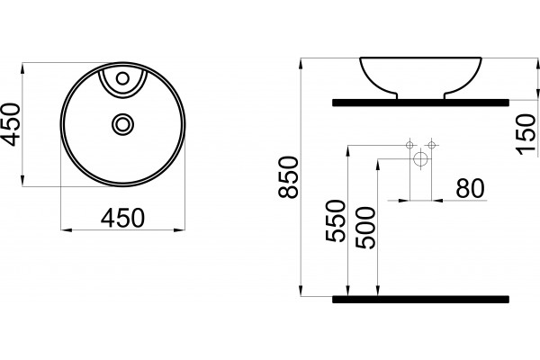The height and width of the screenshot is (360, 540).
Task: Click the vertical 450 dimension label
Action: tap(10, 124)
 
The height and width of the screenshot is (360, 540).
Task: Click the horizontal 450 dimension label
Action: tap(122, 218)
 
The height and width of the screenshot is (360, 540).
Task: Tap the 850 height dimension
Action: tap(288, 177)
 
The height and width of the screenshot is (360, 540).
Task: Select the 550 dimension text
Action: tap(335, 220)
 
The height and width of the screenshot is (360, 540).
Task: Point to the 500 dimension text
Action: tap(365, 228)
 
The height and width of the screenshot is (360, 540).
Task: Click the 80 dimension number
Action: tap(471, 188)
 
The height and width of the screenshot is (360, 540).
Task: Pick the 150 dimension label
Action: tap(526, 134)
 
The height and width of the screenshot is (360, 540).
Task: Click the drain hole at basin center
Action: tap(122, 124)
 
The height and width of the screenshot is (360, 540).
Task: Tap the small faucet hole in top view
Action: tap(122, 78)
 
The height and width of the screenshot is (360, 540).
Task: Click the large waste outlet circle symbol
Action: tap(420, 159)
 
